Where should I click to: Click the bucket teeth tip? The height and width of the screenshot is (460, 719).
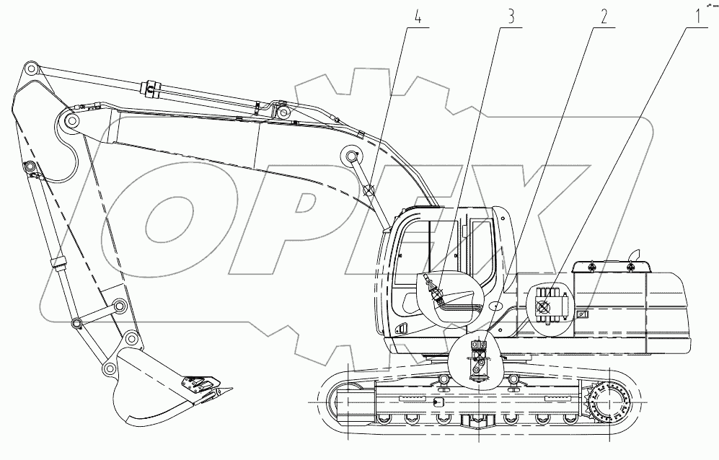point(229,390)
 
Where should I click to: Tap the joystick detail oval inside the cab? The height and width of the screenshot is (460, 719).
point(449,298)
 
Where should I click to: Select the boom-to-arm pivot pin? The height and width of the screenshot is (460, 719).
point(70,122)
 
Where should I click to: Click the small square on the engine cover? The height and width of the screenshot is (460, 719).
point(581,314)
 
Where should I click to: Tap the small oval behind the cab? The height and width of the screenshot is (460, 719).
point(496,306)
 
